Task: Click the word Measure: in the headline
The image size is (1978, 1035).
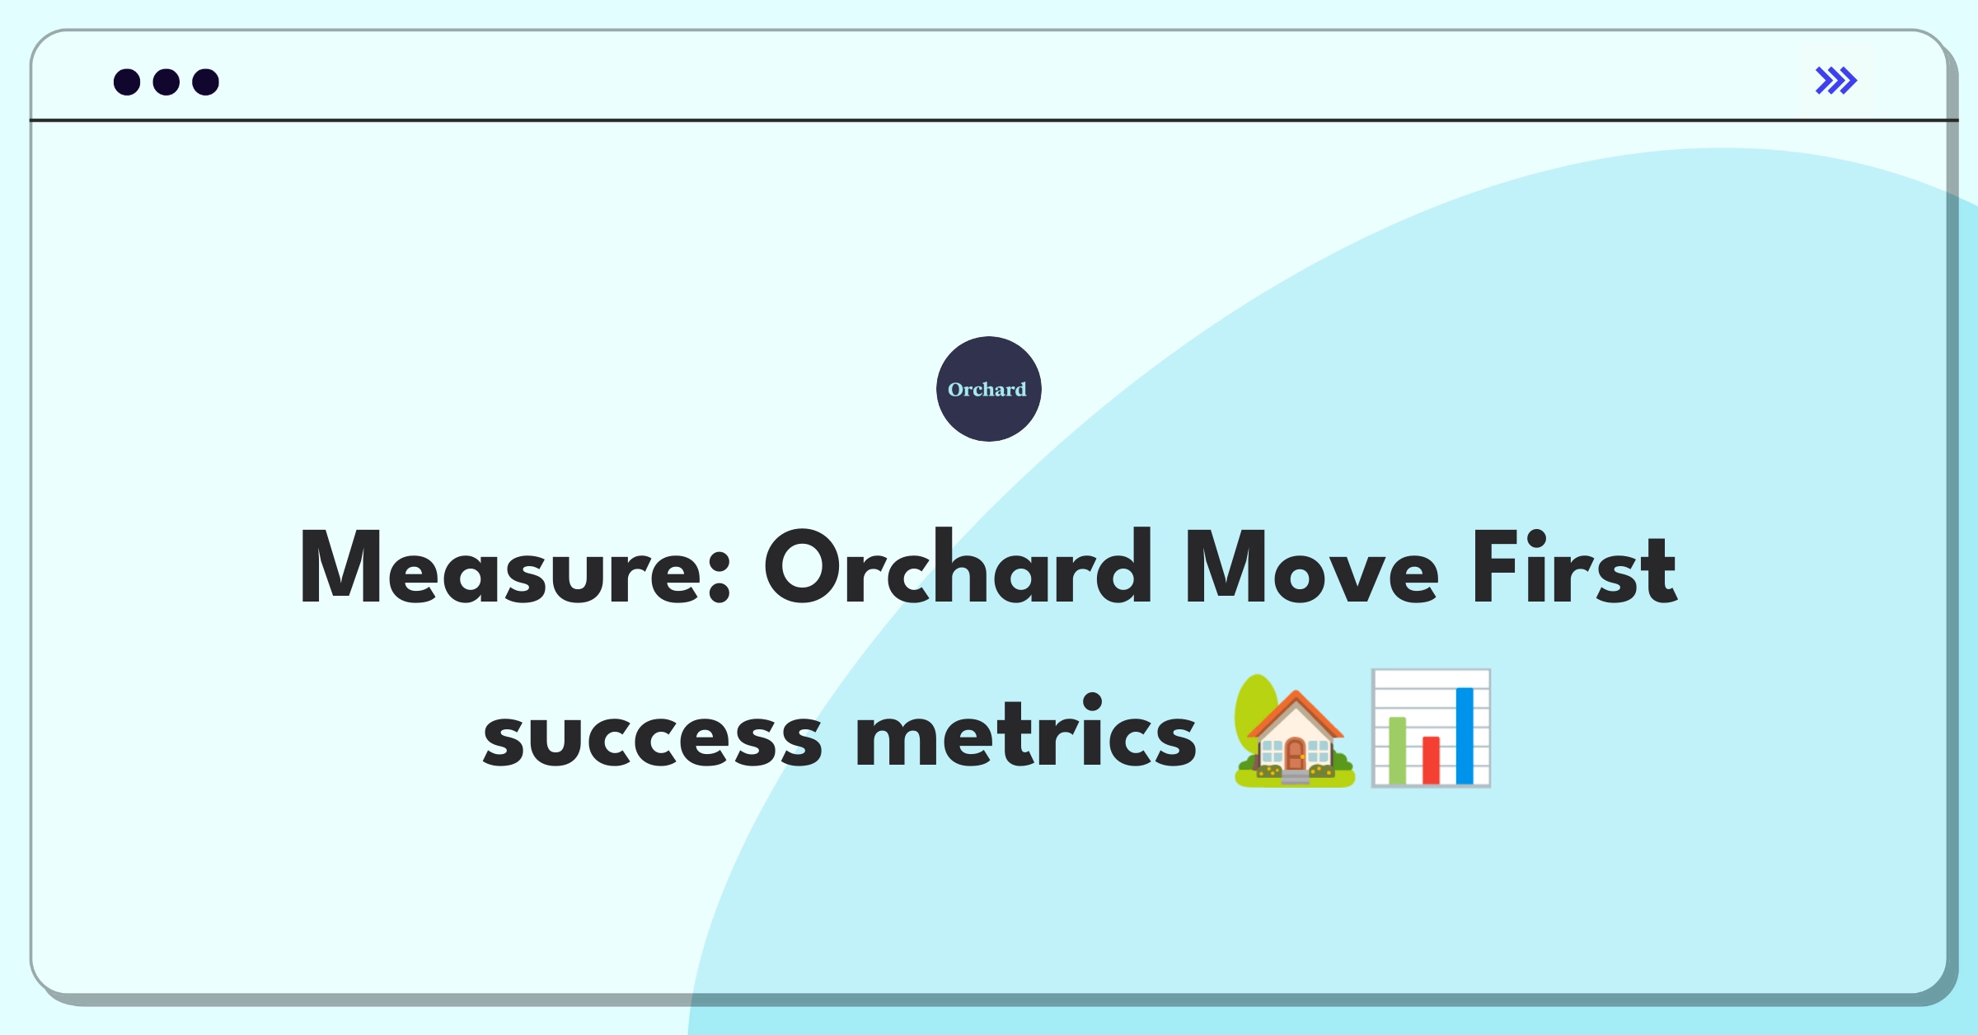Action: coord(516,568)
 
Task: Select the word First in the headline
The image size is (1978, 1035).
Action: coord(1574,566)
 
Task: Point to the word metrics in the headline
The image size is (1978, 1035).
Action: coord(1025,730)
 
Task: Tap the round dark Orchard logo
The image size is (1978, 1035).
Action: coord(989,389)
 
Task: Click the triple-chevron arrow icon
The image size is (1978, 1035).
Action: coord(1836,81)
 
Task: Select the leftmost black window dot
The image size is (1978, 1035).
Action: coord(127,82)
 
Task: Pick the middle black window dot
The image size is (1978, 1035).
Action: coord(166,82)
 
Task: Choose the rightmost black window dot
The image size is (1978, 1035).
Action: coord(206,82)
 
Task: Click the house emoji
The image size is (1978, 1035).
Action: coord(1295,731)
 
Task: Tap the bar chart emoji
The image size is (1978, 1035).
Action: coord(1431,728)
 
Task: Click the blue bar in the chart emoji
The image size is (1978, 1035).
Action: coord(1465,736)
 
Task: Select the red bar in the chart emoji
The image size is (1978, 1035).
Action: coord(1431,760)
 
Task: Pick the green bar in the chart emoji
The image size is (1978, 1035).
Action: coord(1397,751)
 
